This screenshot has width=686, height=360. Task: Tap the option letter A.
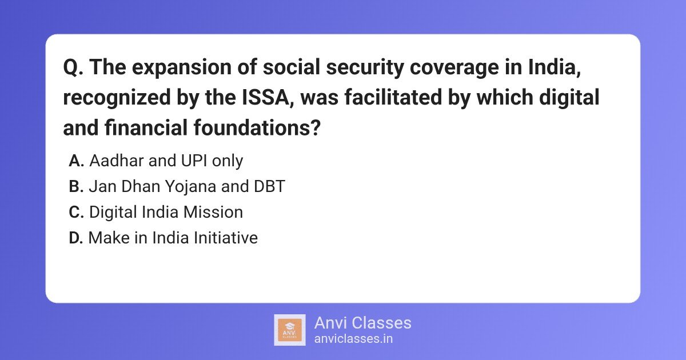(x=76, y=161)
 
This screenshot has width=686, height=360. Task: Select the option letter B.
(x=76, y=186)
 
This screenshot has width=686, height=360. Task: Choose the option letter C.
(x=76, y=212)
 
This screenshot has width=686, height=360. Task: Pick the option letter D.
(x=76, y=238)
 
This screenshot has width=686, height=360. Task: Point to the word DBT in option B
(x=269, y=186)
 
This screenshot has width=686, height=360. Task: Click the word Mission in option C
(x=213, y=212)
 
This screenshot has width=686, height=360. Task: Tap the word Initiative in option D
(x=226, y=238)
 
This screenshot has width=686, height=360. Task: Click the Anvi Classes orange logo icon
(x=290, y=330)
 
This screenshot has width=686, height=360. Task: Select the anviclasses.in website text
(x=353, y=339)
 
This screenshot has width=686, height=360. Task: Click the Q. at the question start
(x=73, y=67)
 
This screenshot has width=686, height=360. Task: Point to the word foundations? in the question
(x=257, y=127)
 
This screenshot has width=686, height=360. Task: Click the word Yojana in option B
(x=190, y=187)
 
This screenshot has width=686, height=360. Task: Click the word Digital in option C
(x=113, y=213)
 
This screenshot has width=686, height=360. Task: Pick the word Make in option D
(x=109, y=238)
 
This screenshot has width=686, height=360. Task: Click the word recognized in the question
(x=117, y=98)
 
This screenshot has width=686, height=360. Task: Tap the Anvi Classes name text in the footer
(x=362, y=323)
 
